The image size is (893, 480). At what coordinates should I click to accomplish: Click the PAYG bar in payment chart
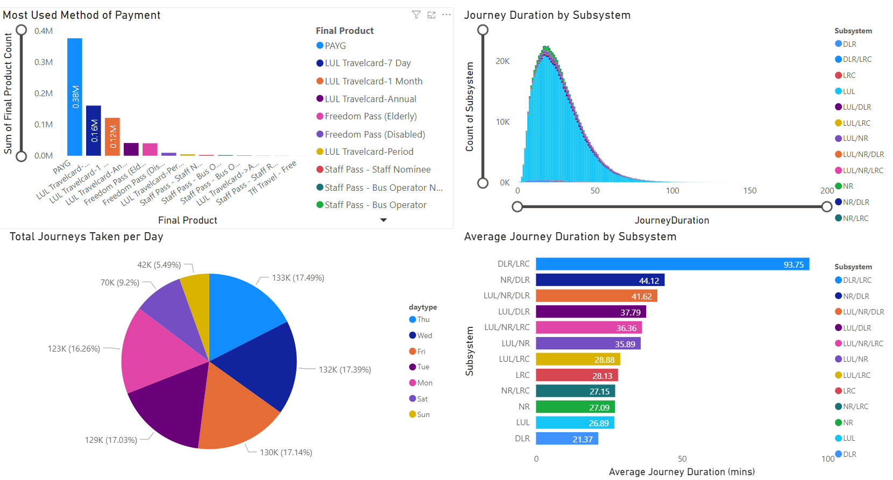[x=75, y=97]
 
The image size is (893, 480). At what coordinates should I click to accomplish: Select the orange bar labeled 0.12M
[x=112, y=137]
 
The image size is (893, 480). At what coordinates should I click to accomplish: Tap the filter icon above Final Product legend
[x=416, y=15]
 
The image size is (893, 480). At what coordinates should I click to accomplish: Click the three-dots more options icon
[x=446, y=15]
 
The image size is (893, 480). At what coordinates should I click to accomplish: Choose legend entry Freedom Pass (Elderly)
[x=370, y=117]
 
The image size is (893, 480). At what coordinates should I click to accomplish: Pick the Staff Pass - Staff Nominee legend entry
[x=377, y=170]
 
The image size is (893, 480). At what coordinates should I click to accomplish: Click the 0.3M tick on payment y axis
[x=44, y=62]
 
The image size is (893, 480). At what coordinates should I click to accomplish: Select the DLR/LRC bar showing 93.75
[x=672, y=264]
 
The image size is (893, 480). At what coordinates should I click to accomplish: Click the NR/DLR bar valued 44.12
[x=600, y=280]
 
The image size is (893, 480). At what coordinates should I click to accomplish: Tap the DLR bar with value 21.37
[x=567, y=439]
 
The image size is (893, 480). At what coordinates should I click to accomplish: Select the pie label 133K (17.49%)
[x=297, y=278]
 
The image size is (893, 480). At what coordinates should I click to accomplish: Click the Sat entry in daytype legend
[x=422, y=399]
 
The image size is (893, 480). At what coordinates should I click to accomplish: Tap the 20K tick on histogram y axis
[x=502, y=61]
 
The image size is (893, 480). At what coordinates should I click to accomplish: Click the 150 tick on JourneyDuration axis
[x=749, y=191]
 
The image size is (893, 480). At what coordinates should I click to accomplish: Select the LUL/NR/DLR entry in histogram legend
[x=863, y=155]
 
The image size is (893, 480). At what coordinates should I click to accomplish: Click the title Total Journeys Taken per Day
[x=86, y=237]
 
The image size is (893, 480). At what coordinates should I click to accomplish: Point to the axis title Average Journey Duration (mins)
[x=682, y=472]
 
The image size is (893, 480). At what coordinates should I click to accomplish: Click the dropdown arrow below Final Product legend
[x=384, y=220]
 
